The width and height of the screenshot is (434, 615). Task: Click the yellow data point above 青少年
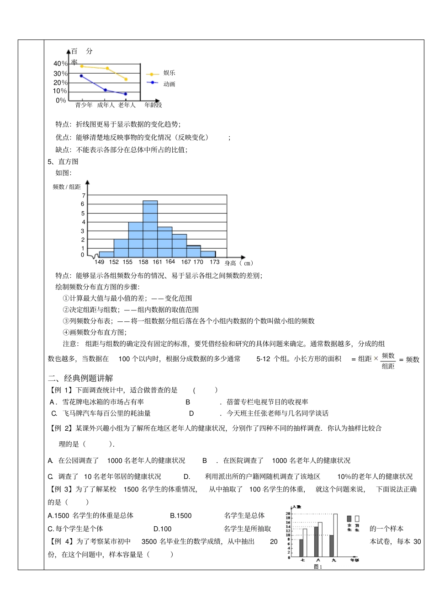click(x=82, y=66)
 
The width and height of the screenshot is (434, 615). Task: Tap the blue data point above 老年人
click(x=126, y=94)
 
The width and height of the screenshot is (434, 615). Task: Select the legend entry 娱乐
click(x=169, y=73)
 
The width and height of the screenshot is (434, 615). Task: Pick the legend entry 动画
click(x=169, y=84)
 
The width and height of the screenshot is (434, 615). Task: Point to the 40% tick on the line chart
click(x=60, y=64)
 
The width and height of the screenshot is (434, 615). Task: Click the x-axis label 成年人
click(x=106, y=105)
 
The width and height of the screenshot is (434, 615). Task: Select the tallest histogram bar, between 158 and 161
click(x=150, y=229)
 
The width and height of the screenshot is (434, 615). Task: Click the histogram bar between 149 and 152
click(x=106, y=254)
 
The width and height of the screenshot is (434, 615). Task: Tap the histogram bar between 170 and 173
click(x=208, y=254)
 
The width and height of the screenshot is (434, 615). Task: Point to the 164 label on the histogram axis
click(x=170, y=262)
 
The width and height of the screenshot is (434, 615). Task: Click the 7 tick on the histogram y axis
click(x=84, y=196)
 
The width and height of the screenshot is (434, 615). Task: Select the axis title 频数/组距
click(x=67, y=187)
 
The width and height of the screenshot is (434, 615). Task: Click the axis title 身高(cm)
click(x=238, y=263)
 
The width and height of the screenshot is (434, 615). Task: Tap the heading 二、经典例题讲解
click(x=80, y=378)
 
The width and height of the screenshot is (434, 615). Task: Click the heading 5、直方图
click(x=63, y=161)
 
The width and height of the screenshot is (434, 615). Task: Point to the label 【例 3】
click(x=61, y=489)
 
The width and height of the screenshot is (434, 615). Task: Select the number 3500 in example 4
click(x=149, y=541)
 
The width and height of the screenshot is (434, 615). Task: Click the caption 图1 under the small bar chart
click(x=318, y=567)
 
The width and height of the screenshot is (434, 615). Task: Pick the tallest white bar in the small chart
click(x=335, y=535)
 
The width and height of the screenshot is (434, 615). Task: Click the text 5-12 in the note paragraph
click(x=263, y=359)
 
